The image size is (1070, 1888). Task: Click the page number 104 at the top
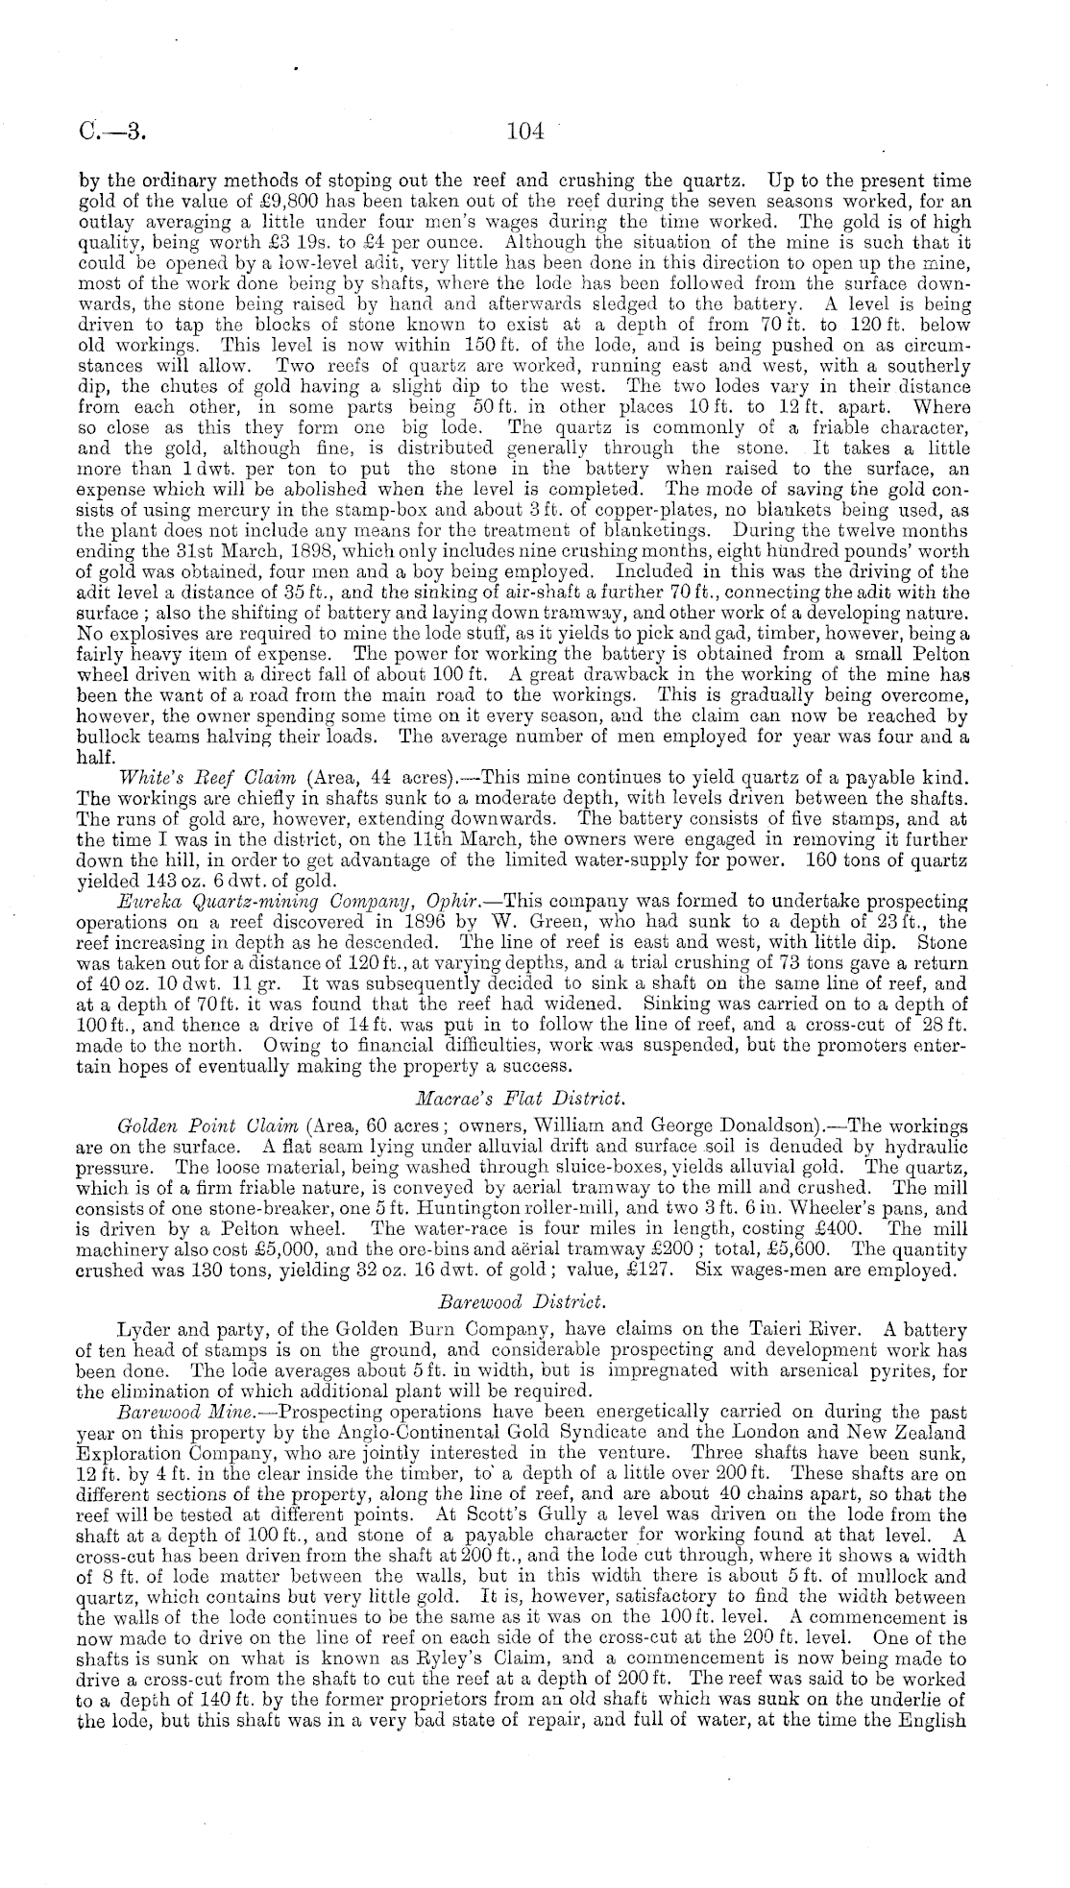pyautogui.click(x=525, y=133)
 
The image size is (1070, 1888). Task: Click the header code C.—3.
pyautogui.click(x=111, y=133)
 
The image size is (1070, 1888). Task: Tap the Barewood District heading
pyautogui.click(x=535, y=1302)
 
